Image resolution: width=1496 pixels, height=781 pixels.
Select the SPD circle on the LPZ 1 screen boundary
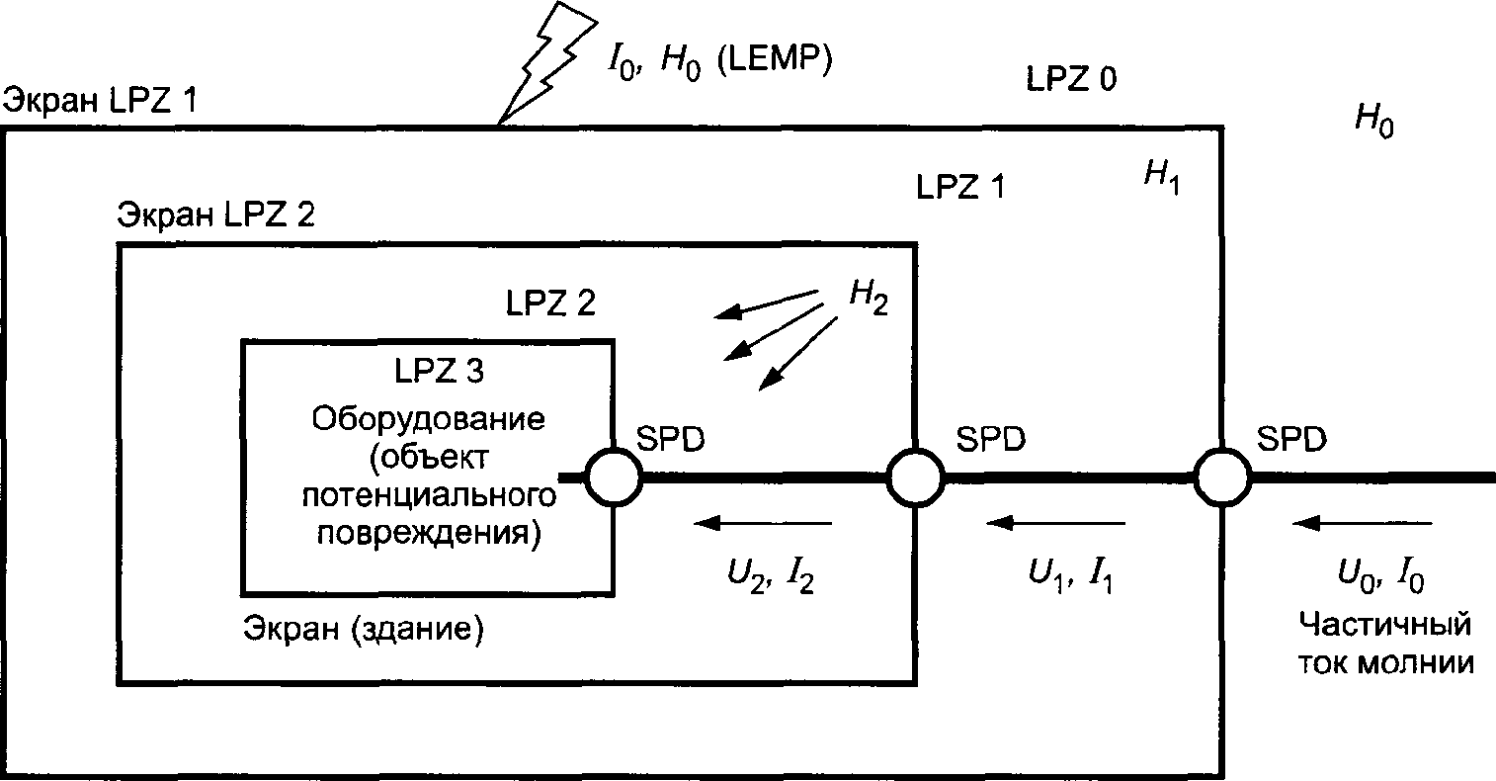tap(1223, 477)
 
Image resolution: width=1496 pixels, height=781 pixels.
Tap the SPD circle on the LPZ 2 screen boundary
tap(916, 477)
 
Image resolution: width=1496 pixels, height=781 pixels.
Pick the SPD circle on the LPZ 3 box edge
tap(614, 477)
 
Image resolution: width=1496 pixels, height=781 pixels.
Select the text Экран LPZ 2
tap(215, 214)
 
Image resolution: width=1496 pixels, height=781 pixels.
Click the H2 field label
tap(866, 298)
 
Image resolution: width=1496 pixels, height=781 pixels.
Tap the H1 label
tap(1160, 179)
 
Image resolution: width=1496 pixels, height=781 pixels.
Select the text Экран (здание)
tap(364, 630)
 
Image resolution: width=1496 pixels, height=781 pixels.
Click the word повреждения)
tap(429, 534)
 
